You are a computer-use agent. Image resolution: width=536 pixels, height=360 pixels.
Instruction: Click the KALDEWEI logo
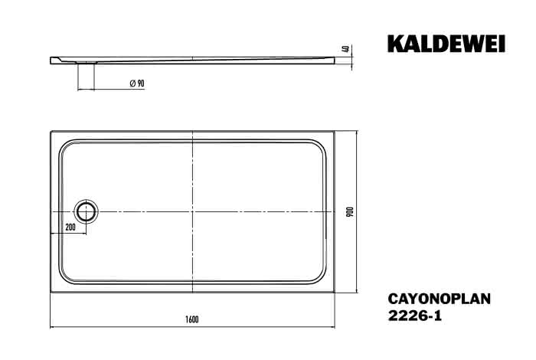point(446,44)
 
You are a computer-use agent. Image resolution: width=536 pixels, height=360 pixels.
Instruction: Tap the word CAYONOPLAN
point(440,299)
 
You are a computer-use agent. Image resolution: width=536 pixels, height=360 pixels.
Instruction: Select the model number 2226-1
point(415,316)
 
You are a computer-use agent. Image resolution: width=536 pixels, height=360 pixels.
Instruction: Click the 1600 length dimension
point(191,319)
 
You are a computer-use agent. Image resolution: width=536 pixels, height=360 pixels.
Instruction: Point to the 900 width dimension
point(350,212)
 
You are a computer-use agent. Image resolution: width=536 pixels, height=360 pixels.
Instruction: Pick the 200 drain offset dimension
point(70,227)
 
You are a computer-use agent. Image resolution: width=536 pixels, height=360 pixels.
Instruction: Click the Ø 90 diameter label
point(137,83)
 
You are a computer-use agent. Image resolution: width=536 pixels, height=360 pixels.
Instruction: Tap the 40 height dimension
point(347,49)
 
